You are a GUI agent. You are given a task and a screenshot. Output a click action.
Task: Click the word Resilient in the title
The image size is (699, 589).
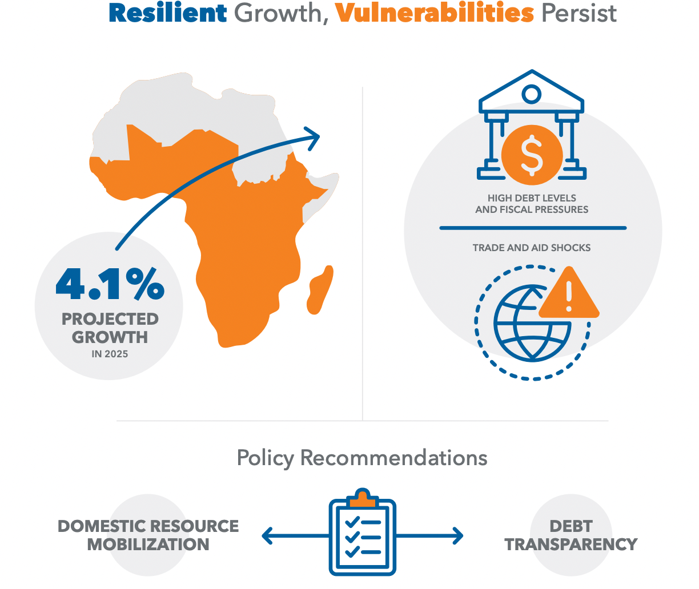tap(168, 13)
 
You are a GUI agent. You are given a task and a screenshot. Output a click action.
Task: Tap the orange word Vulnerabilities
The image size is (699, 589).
tap(434, 13)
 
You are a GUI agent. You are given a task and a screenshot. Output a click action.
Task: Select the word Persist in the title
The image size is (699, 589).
tap(579, 13)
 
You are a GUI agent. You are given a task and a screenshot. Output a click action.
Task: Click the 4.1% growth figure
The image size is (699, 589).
tap(110, 284)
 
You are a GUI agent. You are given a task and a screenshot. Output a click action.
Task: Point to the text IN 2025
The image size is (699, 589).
tap(110, 354)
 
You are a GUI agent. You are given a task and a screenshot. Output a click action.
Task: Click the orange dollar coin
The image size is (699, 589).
tap(532, 155)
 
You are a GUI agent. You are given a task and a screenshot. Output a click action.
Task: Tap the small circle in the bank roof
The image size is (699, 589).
tap(531, 94)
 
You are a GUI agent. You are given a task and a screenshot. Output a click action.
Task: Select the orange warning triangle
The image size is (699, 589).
tap(569, 293)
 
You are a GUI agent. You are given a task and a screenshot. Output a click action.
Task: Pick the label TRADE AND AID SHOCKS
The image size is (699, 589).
tap(532, 248)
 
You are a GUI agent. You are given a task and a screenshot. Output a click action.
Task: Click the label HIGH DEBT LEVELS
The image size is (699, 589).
tap(532, 198)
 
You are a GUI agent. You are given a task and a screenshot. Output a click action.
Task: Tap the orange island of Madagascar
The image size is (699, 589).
tap(320, 290)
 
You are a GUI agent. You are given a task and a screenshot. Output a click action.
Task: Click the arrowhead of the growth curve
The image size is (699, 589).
tap(313, 138)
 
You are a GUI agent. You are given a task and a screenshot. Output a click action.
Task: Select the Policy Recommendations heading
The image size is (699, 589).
tap(362, 458)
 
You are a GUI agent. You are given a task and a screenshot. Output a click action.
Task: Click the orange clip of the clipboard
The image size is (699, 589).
tap(362, 498)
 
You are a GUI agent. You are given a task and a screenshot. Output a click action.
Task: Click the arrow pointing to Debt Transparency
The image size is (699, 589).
tap(429, 536)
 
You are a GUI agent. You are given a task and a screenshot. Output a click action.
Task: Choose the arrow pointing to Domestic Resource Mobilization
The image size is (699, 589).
tap(295, 536)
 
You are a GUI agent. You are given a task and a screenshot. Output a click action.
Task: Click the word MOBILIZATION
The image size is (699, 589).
tap(148, 544)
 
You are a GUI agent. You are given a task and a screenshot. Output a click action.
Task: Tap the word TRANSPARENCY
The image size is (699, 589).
tap(571, 544)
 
